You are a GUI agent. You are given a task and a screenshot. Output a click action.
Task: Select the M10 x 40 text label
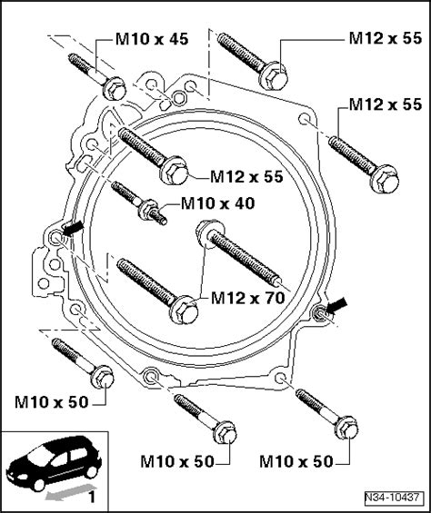point(219,204)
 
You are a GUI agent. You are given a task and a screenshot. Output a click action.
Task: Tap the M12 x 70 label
point(246,298)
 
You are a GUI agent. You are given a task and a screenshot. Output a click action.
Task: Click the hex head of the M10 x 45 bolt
point(114,89)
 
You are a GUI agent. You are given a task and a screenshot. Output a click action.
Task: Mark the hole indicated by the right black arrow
point(320,314)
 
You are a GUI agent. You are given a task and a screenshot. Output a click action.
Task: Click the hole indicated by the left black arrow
point(58,236)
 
